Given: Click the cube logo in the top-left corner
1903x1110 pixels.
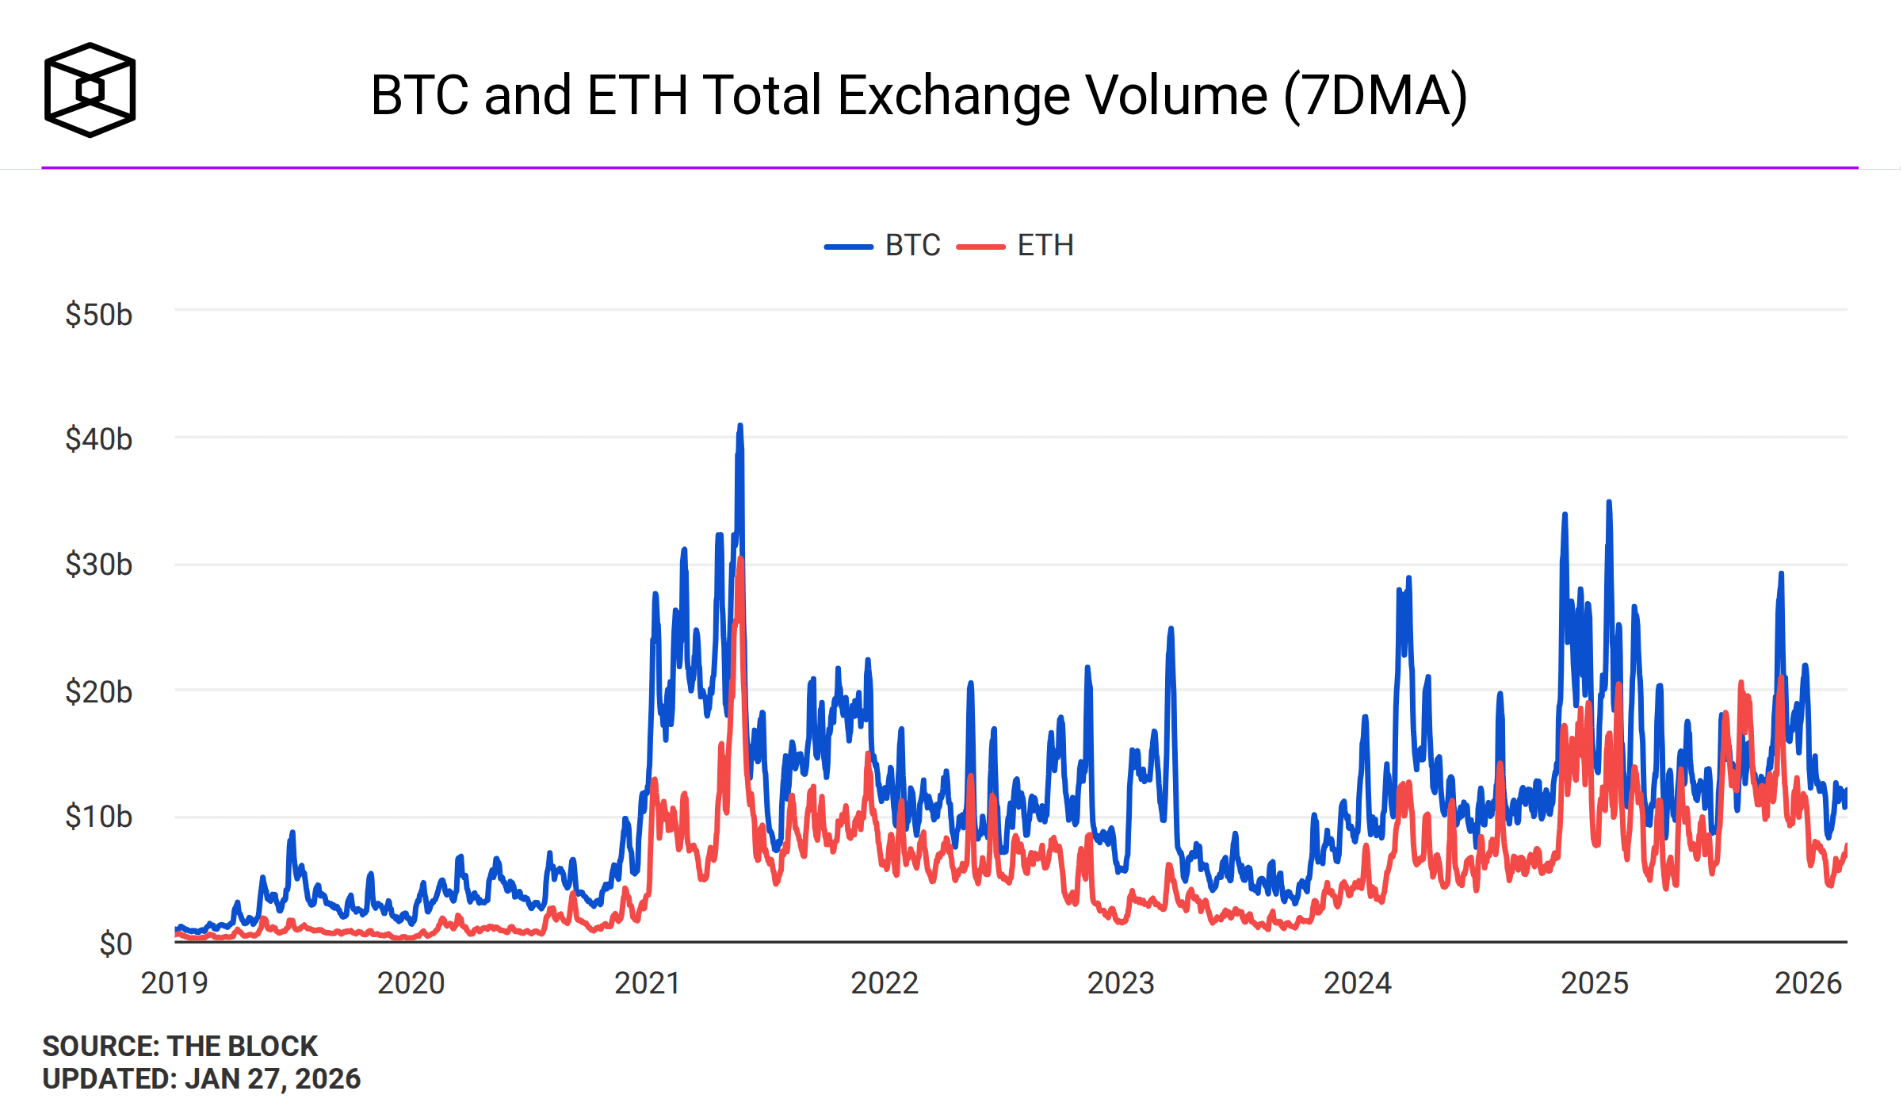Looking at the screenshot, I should [90, 90].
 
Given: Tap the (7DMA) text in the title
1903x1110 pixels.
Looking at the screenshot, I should [1374, 96].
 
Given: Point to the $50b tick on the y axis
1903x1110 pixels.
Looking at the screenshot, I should [98, 315].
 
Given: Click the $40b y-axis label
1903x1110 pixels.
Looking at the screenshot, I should [98, 439].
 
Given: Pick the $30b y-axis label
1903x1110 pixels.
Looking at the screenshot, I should [98, 565].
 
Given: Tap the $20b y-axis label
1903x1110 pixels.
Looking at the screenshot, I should [98, 692].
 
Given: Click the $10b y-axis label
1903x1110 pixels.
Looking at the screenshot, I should [98, 817].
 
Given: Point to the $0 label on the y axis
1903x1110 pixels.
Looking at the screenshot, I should [115, 944].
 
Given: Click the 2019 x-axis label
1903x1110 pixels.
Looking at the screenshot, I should [174, 983].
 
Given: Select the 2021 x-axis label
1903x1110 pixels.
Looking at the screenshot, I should [648, 983].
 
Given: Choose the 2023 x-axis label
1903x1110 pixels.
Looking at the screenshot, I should [1121, 983].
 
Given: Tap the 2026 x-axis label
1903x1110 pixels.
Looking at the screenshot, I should [1808, 983].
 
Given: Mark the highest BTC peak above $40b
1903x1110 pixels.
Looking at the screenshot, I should [740, 427].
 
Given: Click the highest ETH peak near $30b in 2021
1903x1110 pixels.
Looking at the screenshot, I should [741, 560].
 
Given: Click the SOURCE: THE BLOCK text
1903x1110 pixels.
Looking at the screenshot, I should [180, 1046].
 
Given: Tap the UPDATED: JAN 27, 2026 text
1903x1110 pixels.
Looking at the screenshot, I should [201, 1079].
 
